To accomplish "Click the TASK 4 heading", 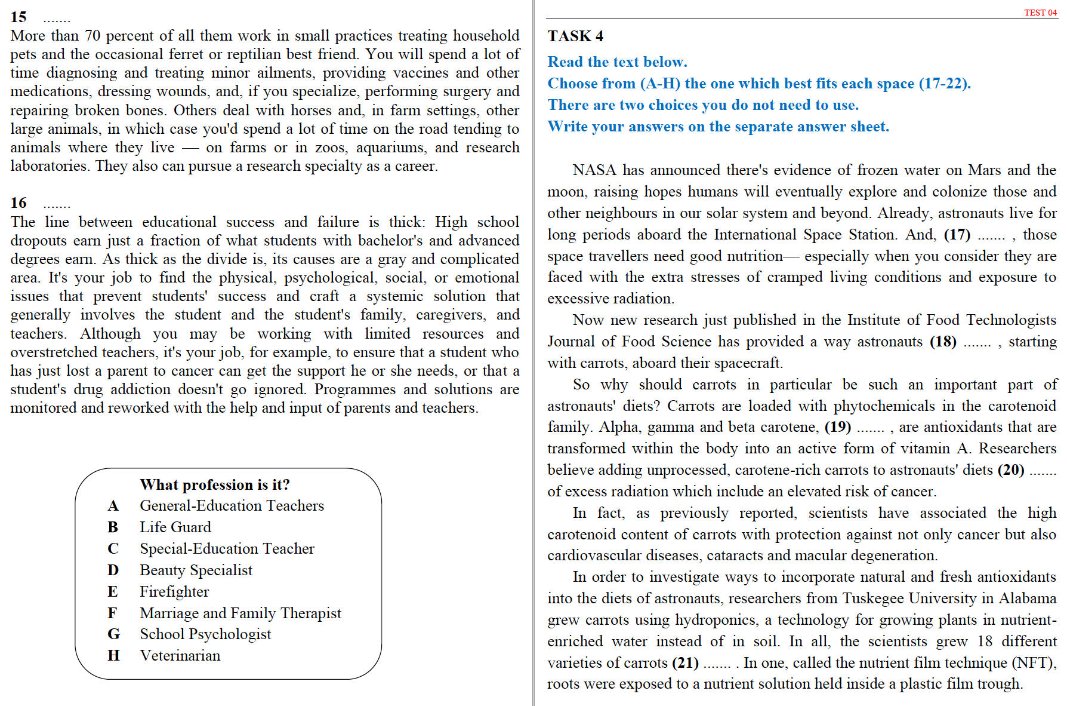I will tap(575, 36).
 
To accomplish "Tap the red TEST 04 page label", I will tap(1040, 13).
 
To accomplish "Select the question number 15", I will tap(18, 17).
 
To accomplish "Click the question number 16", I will tap(18, 203).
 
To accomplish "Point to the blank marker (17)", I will tap(957, 235).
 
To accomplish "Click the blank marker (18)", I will tap(943, 342).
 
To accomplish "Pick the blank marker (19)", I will tap(838, 427).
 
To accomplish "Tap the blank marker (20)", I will tap(1011, 470).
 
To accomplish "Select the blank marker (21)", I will tap(685, 663).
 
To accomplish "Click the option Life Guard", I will tap(175, 527).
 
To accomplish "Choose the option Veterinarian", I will tap(180, 656).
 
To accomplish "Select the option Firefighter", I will tap(174, 592).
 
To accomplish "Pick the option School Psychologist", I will tap(205, 634).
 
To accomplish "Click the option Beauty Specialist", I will tap(196, 570).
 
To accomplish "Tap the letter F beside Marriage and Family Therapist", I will tap(112, 613).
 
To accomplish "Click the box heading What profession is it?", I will tap(215, 484).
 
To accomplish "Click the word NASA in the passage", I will tap(594, 170).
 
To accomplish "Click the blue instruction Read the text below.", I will tap(617, 62).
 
